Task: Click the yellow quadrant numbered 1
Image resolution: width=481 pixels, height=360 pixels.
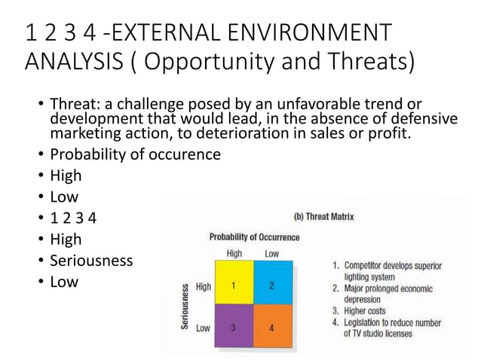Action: coord(234,285)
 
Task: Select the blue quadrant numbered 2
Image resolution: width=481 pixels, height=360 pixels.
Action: coord(271,285)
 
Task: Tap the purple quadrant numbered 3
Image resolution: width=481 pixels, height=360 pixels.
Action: coord(234,327)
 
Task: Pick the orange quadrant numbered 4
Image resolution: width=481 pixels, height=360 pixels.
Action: coord(271,327)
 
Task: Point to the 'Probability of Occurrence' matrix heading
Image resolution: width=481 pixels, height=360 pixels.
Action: coord(254,237)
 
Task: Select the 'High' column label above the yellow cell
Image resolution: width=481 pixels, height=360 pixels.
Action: coord(234,254)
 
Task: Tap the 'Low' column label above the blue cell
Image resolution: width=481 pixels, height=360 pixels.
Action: coord(271,254)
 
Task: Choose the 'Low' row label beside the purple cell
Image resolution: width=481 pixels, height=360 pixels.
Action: coord(203,328)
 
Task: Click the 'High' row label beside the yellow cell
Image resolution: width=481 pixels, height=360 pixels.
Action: coord(203,286)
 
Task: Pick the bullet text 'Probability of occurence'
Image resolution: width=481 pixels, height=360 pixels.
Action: coord(135,155)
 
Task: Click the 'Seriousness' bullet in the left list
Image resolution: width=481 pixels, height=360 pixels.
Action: coord(91,261)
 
